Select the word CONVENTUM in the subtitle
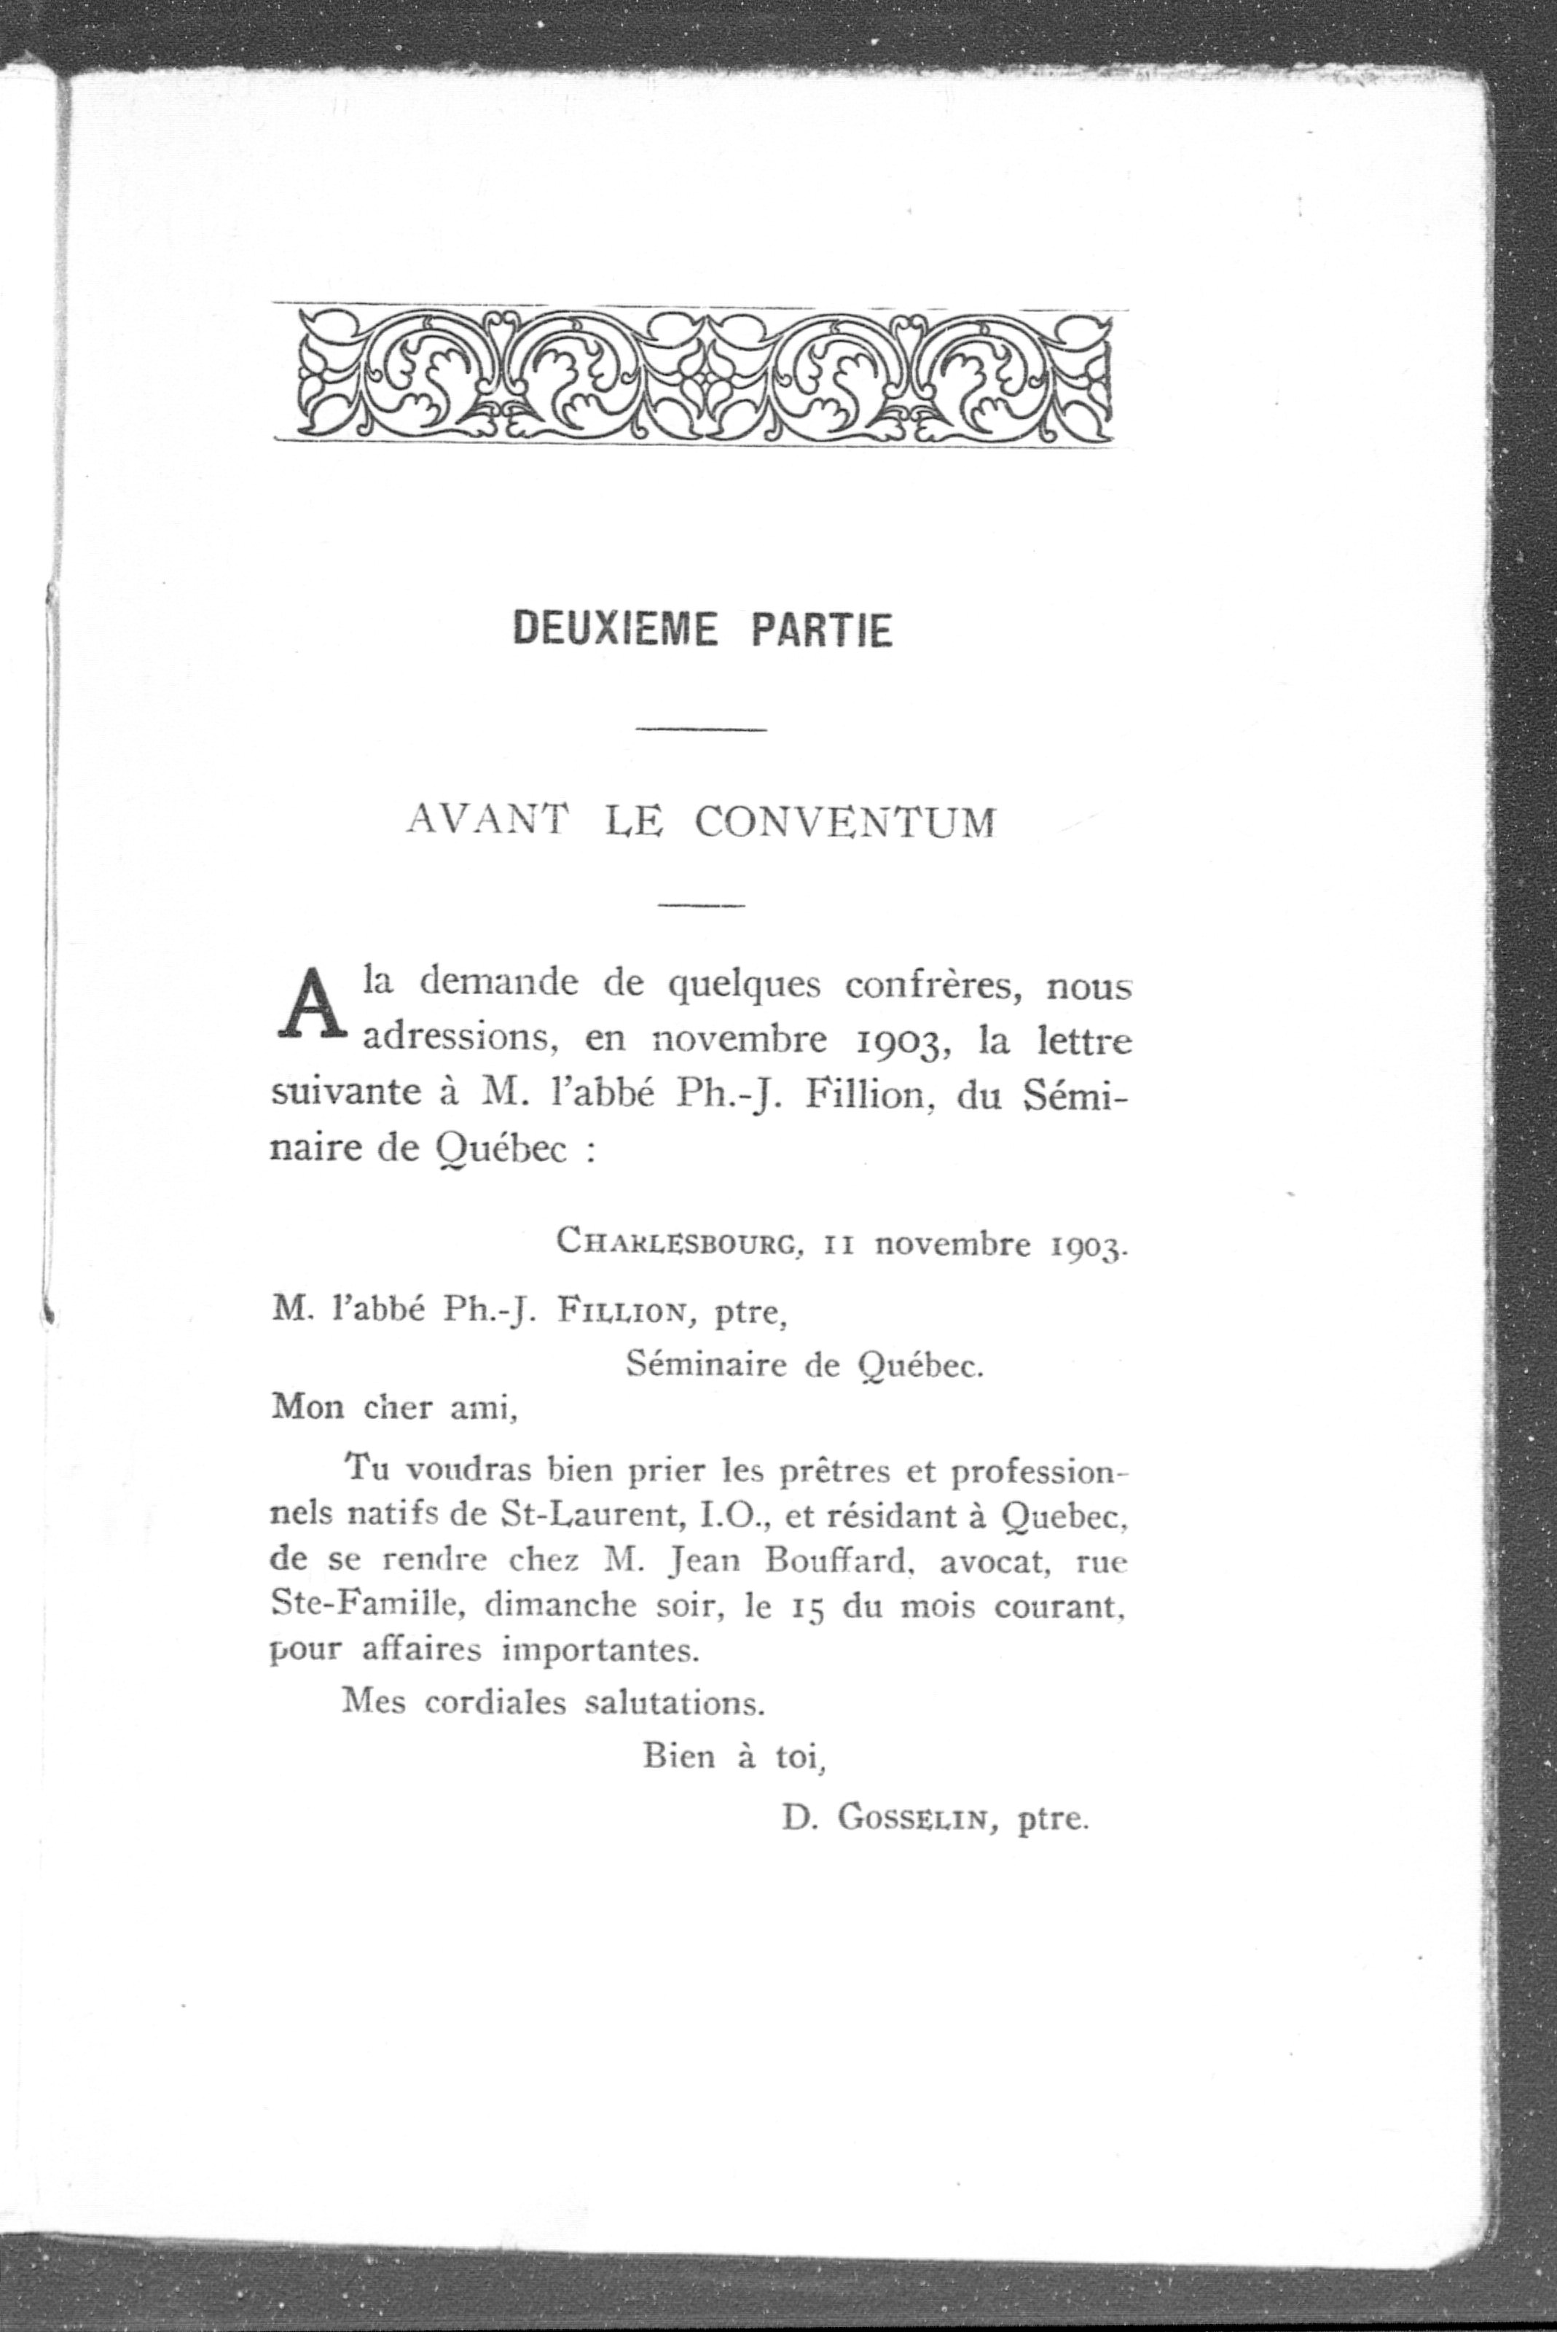tap(844, 823)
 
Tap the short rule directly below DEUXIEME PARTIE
tap(701, 731)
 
